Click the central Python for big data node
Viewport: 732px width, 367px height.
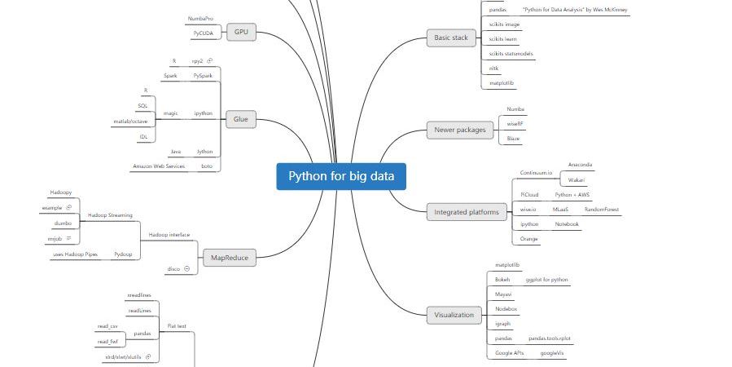340,177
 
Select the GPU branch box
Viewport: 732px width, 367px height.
241,32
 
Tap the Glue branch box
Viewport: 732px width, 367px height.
241,119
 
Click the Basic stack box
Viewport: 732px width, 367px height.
451,38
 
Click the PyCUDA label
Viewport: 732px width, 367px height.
204,34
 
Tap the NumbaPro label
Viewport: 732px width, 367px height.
200,17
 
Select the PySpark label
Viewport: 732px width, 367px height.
204,75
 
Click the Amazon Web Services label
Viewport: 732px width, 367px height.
159,166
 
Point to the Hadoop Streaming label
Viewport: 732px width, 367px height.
110,215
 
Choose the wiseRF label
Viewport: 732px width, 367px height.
515,123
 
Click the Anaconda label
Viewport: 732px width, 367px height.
581,166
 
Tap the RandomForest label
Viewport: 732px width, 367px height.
602,210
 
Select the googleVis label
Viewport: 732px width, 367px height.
551,353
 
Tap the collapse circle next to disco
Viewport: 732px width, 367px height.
186,268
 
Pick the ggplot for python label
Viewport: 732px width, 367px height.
547,279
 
